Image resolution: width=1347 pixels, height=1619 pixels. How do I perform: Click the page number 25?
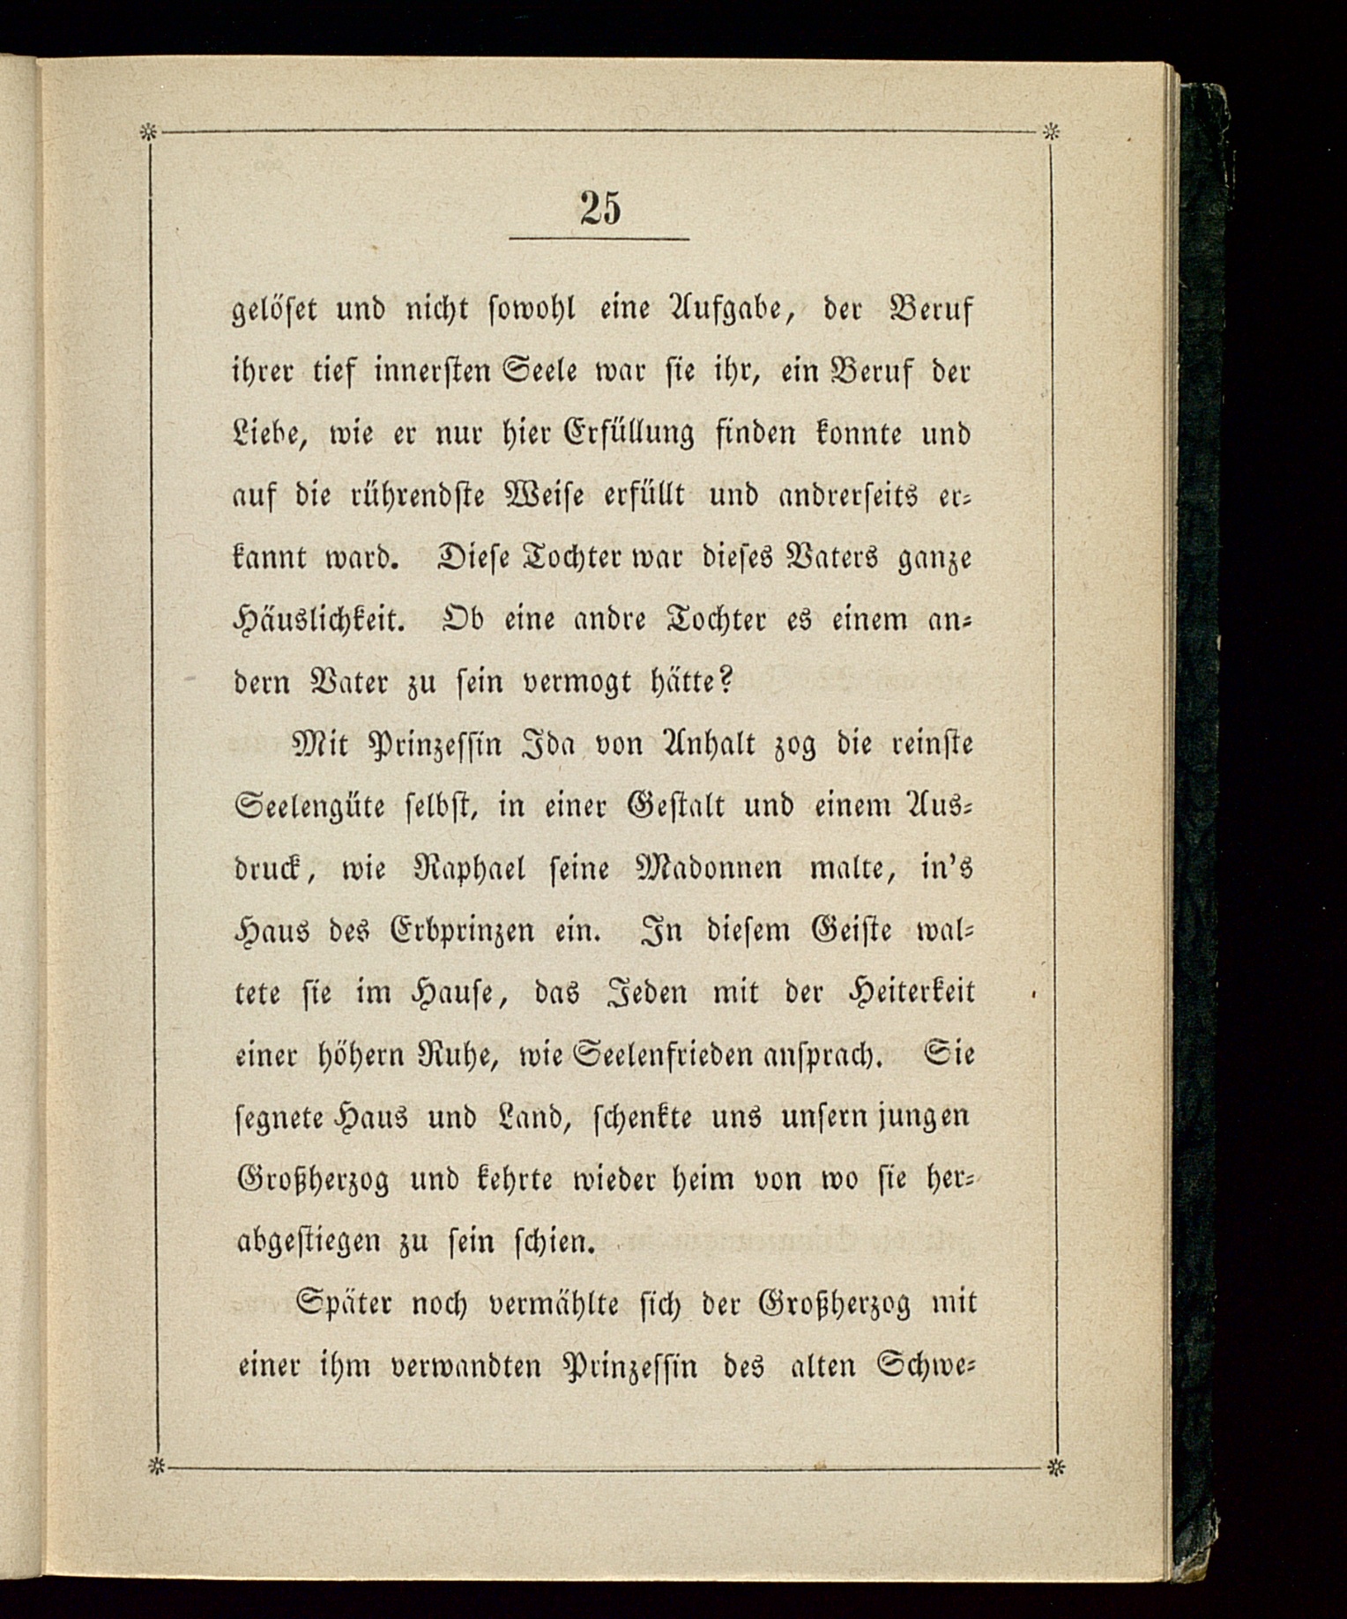[x=600, y=208]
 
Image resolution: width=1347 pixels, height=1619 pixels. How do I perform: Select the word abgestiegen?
[x=308, y=1243]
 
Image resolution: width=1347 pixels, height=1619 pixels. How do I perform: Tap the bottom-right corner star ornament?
[x=1053, y=1468]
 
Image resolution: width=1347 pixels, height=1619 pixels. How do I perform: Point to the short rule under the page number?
[x=599, y=239]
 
